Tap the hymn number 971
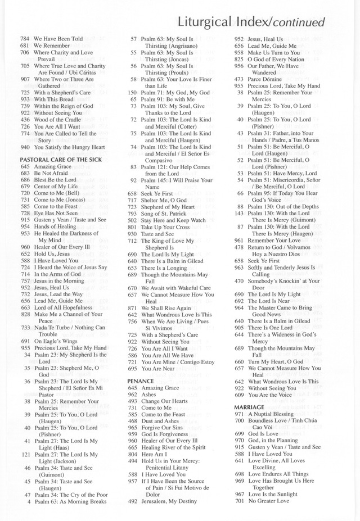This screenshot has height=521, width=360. pos(239,413)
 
